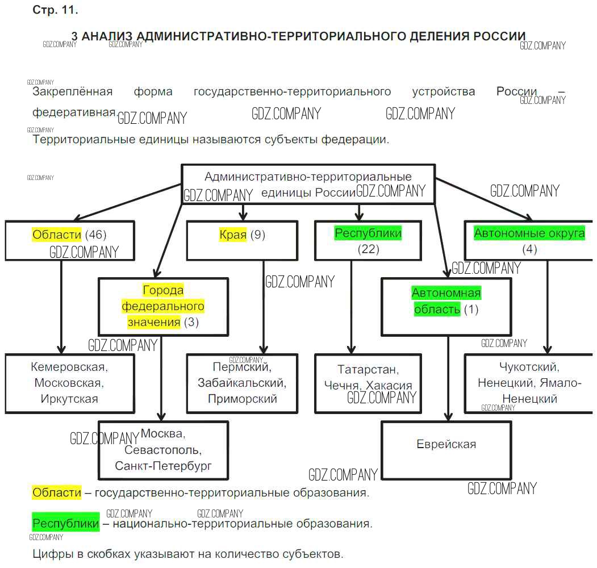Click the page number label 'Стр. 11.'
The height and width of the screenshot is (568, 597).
(55, 10)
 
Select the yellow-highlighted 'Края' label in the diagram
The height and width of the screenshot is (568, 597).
(233, 235)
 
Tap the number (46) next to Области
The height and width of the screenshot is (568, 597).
(95, 235)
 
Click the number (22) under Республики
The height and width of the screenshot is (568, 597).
(368, 249)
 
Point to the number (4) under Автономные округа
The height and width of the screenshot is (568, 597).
(529, 249)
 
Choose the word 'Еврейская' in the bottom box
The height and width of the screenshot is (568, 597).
(446, 444)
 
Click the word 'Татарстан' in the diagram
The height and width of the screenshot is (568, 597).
(368, 370)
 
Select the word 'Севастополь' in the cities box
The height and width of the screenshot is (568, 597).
(162, 450)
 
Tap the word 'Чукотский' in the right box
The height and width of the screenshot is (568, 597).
(529, 367)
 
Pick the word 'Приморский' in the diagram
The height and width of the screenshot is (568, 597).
(243, 399)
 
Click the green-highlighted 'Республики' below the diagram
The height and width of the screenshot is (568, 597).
(65, 523)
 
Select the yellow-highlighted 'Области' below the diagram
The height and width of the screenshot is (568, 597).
(57, 492)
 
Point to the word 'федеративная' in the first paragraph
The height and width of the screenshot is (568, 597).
(74, 112)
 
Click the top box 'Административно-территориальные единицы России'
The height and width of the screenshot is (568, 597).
(308, 184)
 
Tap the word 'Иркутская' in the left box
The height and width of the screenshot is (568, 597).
(69, 399)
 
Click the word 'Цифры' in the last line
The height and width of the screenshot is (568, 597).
(49, 553)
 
